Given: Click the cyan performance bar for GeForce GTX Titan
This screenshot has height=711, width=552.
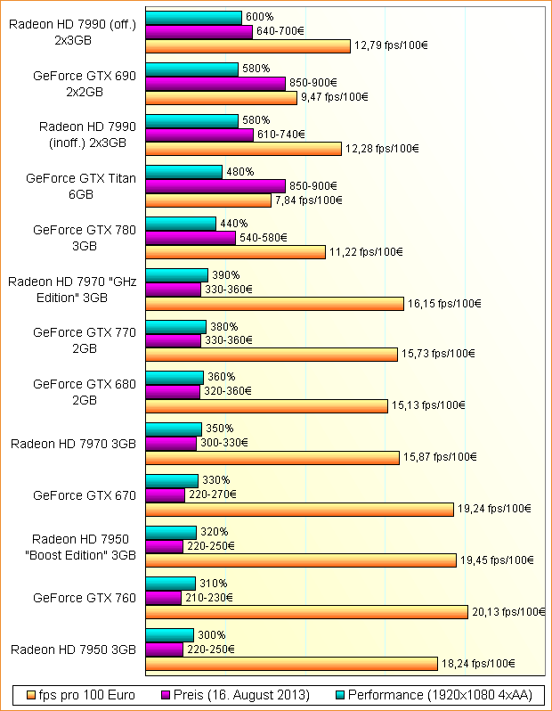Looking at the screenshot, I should (183, 172).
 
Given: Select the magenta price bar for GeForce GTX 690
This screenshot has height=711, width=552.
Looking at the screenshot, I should (215, 83).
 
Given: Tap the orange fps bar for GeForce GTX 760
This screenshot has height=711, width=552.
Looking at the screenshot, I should (306, 612).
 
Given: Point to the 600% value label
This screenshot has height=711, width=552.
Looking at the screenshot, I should (258, 18).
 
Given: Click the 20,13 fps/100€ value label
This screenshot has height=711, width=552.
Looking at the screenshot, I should (508, 612).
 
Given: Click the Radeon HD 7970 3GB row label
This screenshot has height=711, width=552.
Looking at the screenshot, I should (73, 444).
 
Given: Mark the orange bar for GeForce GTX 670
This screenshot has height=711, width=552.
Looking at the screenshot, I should (299, 510).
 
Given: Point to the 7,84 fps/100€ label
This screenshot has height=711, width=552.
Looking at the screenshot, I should (308, 200).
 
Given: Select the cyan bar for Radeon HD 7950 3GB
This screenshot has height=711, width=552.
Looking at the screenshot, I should (169, 634).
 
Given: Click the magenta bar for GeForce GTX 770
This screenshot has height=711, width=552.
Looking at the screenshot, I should (173, 339).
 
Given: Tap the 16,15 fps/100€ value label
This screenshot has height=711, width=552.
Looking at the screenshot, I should (444, 304).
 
